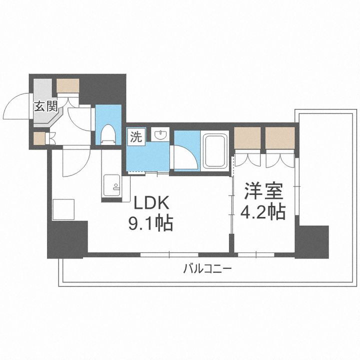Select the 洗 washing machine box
click(136, 137)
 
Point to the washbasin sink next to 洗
click(160, 136)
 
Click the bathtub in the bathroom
click(215, 151)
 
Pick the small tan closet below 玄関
click(39, 138)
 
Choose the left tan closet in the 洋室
click(247, 138)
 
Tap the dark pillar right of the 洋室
click(311, 241)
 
